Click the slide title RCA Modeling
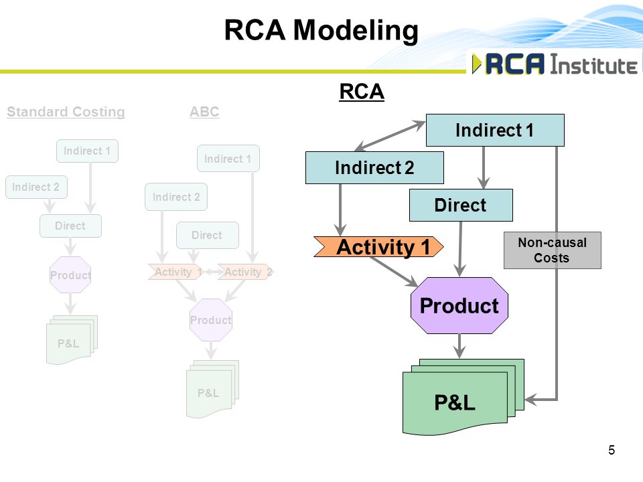pos(321,31)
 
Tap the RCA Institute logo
pos(555,64)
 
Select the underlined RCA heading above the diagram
pos(362,92)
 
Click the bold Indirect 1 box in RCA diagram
pos(495,131)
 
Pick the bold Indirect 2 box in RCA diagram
pos(374,167)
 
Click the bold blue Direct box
pos(461,205)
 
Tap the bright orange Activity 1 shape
pos(378,247)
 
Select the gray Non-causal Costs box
pos(553,250)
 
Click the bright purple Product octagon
pos(459,305)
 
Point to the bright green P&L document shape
pos(463,397)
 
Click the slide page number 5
pos(612,450)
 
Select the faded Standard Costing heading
pos(66,112)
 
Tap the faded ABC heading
pos(204,112)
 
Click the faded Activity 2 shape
pos(245,272)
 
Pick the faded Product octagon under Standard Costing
pos(70,274)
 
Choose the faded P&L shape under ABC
pos(212,389)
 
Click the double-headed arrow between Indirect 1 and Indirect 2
pos(390,136)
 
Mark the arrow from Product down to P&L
pos(459,346)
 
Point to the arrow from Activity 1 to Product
pos(395,272)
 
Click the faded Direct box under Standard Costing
pos(70,226)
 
